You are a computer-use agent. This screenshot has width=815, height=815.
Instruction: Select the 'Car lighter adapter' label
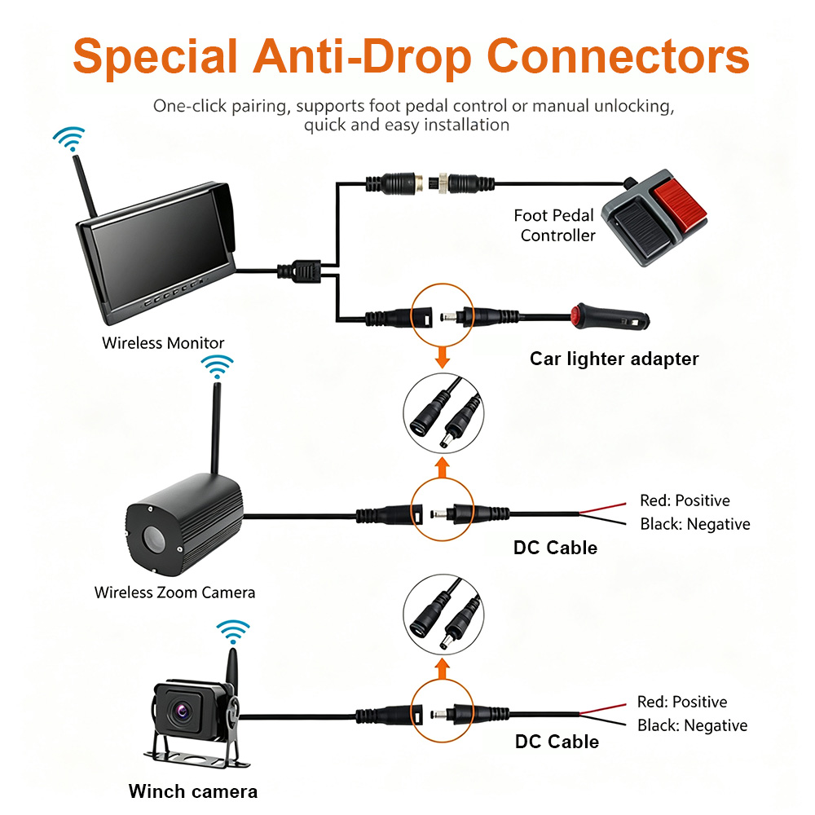tap(614, 359)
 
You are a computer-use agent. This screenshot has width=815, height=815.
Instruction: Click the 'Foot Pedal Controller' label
tap(554, 225)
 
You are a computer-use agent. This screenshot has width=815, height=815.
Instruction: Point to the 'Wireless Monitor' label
tap(163, 343)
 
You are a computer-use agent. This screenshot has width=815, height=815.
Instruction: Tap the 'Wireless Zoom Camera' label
tap(174, 593)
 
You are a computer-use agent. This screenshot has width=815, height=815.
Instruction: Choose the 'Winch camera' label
tap(193, 791)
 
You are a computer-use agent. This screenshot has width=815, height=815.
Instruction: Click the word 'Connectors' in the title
tap(618, 56)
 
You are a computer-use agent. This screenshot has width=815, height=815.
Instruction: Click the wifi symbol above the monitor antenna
tap(69, 139)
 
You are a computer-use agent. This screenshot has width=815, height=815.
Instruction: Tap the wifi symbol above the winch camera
tap(233, 632)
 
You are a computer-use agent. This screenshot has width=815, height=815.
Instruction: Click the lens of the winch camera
tap(183, 709)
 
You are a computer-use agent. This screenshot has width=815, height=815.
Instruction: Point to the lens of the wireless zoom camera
tap(153, 539)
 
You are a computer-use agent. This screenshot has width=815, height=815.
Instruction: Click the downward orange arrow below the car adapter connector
tap(443, 357)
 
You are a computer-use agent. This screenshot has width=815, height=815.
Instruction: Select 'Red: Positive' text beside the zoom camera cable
tap(685, 500)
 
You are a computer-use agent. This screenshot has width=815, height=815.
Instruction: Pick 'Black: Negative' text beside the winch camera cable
tap(692, 725)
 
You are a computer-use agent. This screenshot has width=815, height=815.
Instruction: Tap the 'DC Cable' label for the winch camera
tap(557, 741)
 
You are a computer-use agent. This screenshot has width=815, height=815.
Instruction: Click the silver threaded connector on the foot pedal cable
tap(443, 183)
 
